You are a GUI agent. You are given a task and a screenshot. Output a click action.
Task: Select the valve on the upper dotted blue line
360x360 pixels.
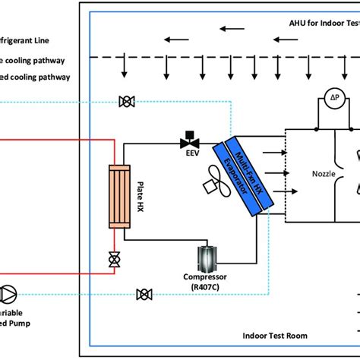pyautogui.click(x=125, y=101)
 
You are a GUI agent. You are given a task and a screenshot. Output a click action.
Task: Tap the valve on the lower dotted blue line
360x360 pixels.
pyautogui.click(x=142, y=294)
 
